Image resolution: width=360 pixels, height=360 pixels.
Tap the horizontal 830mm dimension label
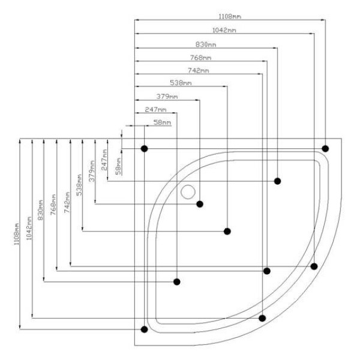pyautogui.click(x=206, y=44)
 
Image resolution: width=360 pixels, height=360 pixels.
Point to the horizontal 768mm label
pyautogui.click(x=200, y=58)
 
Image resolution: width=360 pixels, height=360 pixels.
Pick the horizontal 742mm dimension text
pyautogui.click(x=198, y=71)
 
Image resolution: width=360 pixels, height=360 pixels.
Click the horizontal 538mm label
pyautogui.click(x=181, y=83)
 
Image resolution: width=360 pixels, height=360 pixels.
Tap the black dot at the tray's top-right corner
pyautogui.click(x=325, y=148)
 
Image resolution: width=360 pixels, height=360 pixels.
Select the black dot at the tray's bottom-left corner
pyautogui.click(x=143, y=329)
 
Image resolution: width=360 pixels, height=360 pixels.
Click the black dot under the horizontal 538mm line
pyautogui.click(x=227, y=232)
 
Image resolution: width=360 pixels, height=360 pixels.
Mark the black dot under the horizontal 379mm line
pyautogui.click(x=200, y=205)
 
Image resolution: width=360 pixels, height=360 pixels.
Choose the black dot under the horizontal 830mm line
pyautogui.click(x=278, y=181)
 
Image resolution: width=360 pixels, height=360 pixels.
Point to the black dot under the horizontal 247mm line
pyautogui.click(x=177, y=281)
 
